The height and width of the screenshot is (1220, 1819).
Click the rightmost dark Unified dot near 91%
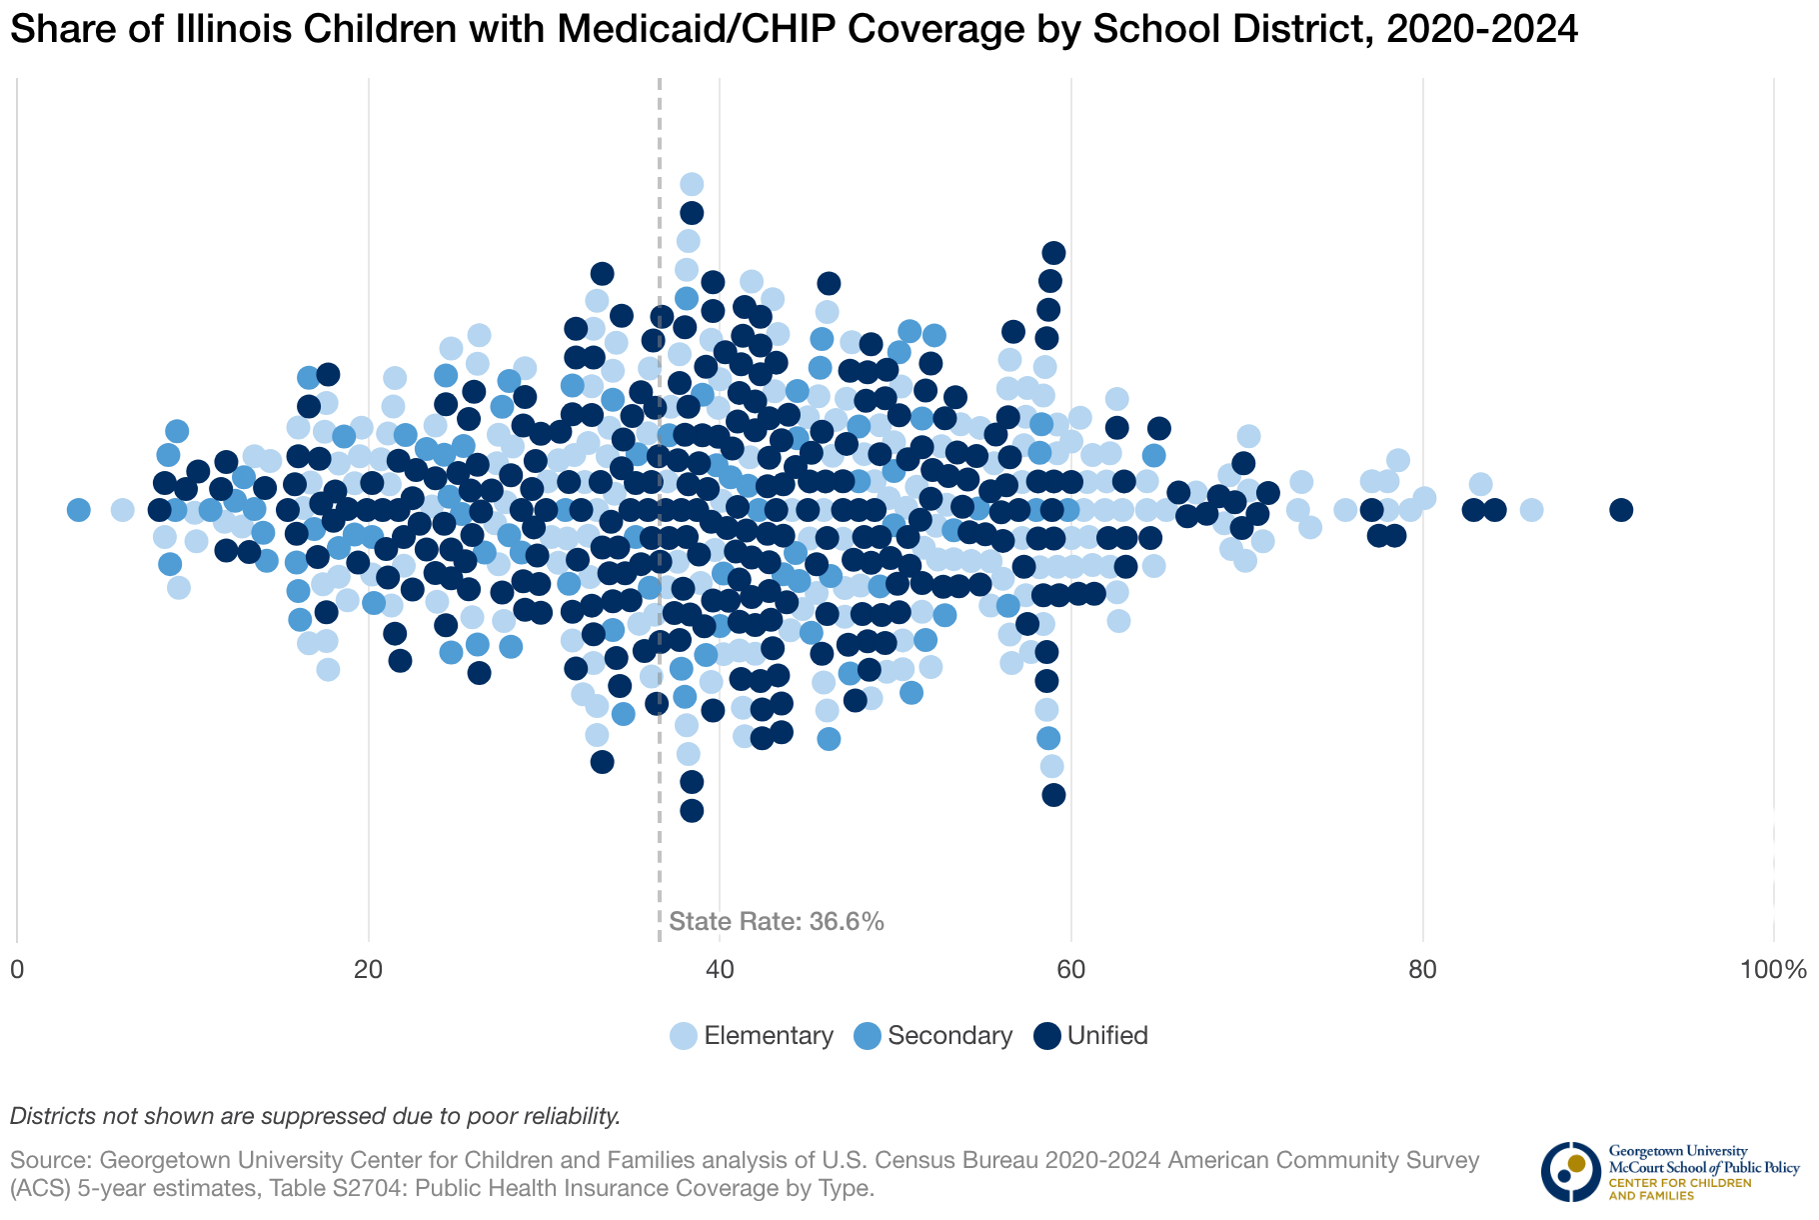(1621, 510)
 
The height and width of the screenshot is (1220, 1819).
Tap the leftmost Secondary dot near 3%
(79, 510)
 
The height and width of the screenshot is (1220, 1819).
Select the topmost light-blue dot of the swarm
(692, 184)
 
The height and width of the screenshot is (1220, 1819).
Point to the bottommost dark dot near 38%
(692, 810)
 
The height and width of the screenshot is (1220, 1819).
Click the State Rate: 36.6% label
(777, 922)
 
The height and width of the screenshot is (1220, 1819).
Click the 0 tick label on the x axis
(17, 970)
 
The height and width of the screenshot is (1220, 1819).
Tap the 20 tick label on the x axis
(369, 970)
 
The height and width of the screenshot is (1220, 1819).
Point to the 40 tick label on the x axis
(720, 970)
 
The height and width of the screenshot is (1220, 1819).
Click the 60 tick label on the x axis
(1071, 970)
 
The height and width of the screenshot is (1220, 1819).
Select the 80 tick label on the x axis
(1422, 970)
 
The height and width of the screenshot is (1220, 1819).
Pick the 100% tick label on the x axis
(1772, 970)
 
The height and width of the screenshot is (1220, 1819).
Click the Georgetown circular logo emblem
(1570, 1171)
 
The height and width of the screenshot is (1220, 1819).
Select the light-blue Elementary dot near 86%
(1531, 510)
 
